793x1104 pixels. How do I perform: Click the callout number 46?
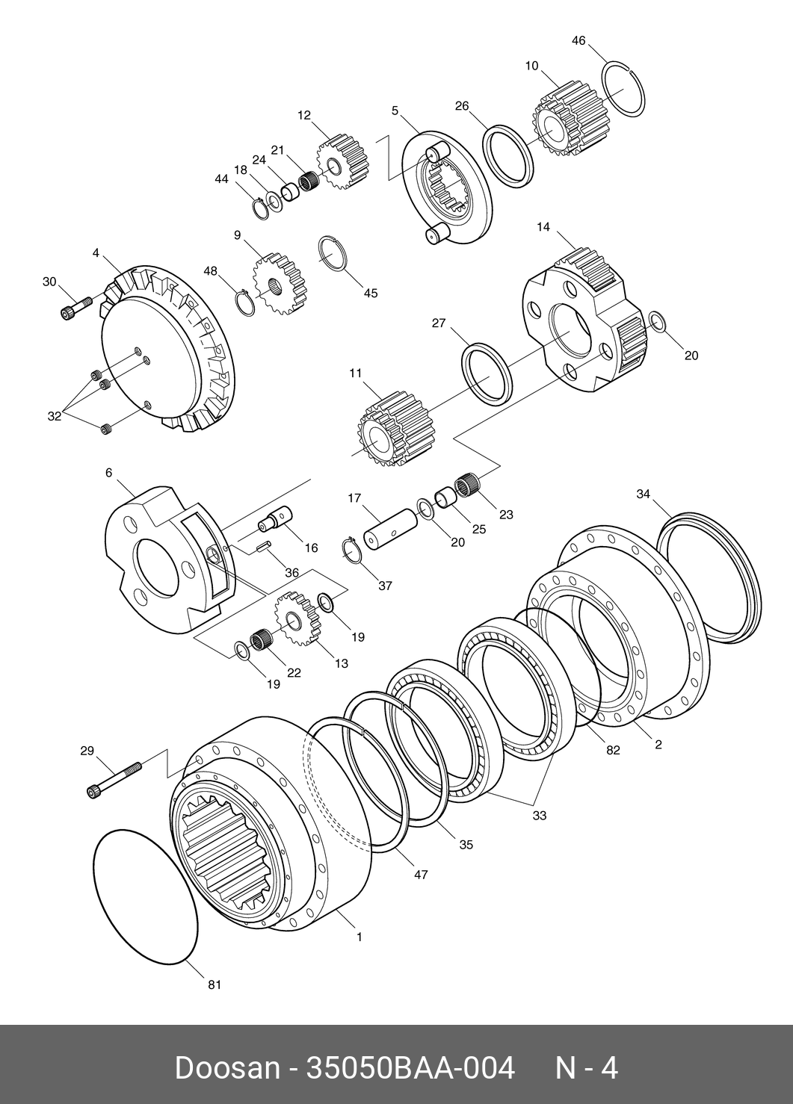pos(578,40)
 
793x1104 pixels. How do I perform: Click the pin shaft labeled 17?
pos(389,530)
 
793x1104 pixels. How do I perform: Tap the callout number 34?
pos(644,494)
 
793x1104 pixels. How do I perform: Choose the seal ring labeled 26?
pos(508,155)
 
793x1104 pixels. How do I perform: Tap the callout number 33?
pos(539,816)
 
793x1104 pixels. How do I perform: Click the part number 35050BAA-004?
pos(410,1067)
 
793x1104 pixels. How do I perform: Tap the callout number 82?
pos(613,751)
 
